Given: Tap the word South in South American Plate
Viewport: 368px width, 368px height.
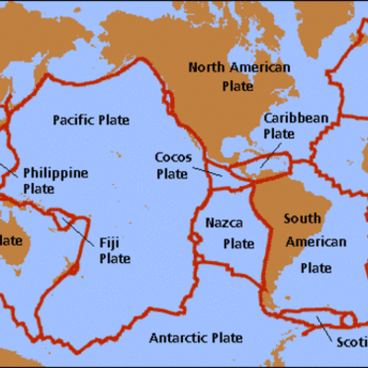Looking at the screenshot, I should [302, 220].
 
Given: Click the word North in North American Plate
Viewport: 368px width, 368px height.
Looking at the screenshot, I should [207, 67].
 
